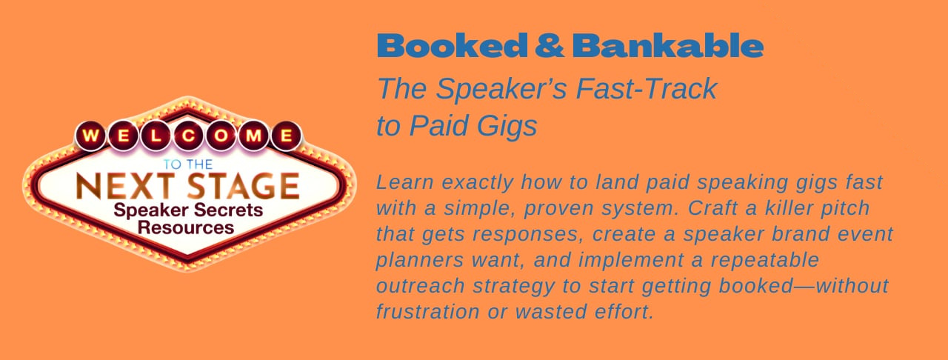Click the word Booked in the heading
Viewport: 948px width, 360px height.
452,45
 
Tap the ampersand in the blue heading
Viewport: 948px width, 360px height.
550,45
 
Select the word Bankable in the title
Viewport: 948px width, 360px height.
668,45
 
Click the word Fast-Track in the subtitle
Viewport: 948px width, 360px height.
647,89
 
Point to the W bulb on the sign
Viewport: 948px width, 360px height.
90,136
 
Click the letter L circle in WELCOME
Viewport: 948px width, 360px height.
156,136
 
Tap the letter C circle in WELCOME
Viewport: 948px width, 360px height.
188,136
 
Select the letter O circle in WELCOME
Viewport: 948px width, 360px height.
221,136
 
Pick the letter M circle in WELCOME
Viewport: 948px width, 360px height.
253,136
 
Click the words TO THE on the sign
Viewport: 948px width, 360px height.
188,164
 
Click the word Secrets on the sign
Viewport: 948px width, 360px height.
227,210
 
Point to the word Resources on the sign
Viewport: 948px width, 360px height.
186,228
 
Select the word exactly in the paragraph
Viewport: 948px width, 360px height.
478,183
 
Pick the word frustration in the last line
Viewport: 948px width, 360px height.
427,312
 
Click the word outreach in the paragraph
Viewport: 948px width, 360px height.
420,286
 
